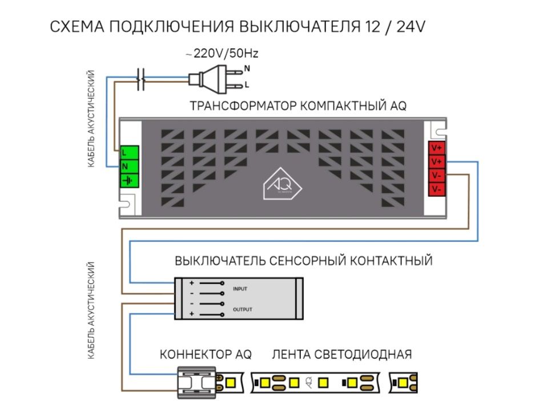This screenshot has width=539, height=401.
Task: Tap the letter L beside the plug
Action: pos(247,86)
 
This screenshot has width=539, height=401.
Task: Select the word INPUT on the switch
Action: pos(240,289)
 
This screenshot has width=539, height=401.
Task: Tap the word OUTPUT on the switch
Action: pos(242,309)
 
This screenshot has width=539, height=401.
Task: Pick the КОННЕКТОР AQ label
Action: pos(206,354)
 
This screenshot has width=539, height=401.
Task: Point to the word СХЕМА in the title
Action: pos(77,27)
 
